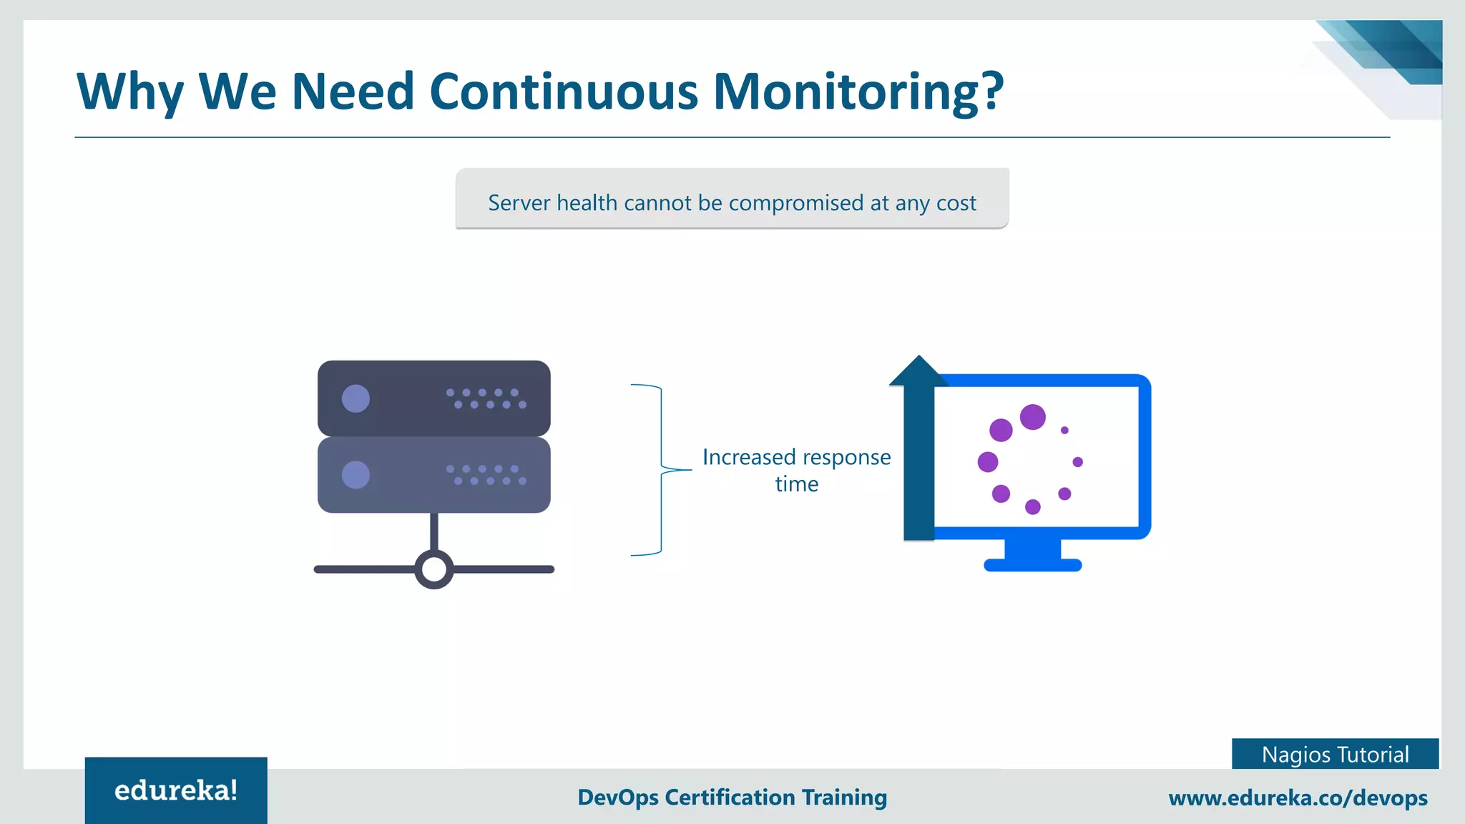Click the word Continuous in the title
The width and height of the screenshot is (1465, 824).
563,92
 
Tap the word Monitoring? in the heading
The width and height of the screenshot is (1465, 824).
858,92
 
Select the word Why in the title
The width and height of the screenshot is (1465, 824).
130,92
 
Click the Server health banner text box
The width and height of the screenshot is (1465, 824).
732,199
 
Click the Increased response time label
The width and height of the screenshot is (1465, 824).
796,470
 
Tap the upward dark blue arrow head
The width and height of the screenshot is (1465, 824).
918,371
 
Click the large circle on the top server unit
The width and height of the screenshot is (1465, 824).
356,398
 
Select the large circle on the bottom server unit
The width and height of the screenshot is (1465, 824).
356,475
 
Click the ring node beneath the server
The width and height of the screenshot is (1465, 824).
434,569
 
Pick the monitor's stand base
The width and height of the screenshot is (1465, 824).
1032,565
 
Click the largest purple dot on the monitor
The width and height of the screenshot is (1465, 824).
1032,416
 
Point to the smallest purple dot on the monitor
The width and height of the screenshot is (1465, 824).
1064,430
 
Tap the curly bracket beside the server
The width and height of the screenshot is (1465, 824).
660,469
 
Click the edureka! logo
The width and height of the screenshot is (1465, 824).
176,790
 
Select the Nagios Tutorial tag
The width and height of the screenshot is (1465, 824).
1335,754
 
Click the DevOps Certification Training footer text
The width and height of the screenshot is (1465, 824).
732,797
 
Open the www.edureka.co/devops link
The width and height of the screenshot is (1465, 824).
1298,798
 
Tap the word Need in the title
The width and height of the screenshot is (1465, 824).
353,92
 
